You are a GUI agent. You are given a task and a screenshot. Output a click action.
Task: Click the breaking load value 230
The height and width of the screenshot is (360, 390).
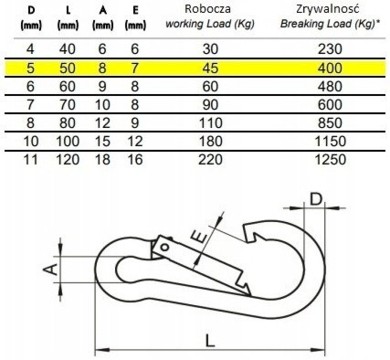[330, 48]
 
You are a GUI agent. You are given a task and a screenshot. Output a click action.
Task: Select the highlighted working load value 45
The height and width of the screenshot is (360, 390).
[210, 68]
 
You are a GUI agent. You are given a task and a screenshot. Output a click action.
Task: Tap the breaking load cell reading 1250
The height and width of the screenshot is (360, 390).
[330, 160]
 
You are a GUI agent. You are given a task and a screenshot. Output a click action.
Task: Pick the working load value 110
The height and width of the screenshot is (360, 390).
[210, 122]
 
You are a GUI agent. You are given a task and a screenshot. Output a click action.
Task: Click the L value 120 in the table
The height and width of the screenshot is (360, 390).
[68, 160]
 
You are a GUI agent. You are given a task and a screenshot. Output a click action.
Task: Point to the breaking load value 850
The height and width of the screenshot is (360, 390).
[330, 122]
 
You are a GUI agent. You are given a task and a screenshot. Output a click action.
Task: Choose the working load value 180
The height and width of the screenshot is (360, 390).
[210, 142]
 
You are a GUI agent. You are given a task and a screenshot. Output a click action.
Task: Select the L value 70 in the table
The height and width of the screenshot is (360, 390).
[68, 104]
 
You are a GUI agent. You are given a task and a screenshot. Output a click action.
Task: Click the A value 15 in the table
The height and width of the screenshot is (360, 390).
[102, 142]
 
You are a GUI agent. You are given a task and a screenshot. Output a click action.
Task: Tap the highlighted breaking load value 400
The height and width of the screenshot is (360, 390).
[330, 68]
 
